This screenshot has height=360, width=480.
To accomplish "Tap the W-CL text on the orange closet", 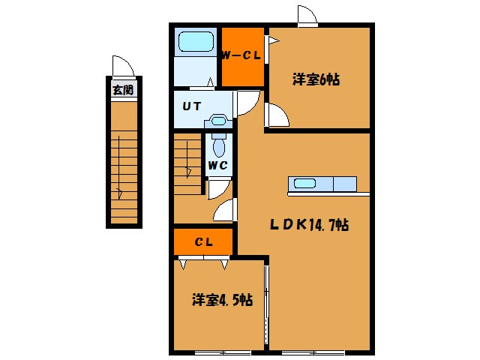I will pos(241,55).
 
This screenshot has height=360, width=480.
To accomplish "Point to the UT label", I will pos(191,106).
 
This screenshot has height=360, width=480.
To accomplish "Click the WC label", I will pos(217,165).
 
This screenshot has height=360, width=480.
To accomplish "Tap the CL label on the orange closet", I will pos(203,241).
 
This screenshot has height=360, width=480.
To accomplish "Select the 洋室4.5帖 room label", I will pos(221,300).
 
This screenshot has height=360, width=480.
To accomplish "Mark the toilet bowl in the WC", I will pos(218,144).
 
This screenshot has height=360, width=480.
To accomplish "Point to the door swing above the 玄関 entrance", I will pos(121,66).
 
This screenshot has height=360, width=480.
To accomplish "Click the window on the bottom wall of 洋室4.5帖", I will pos(223,351).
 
